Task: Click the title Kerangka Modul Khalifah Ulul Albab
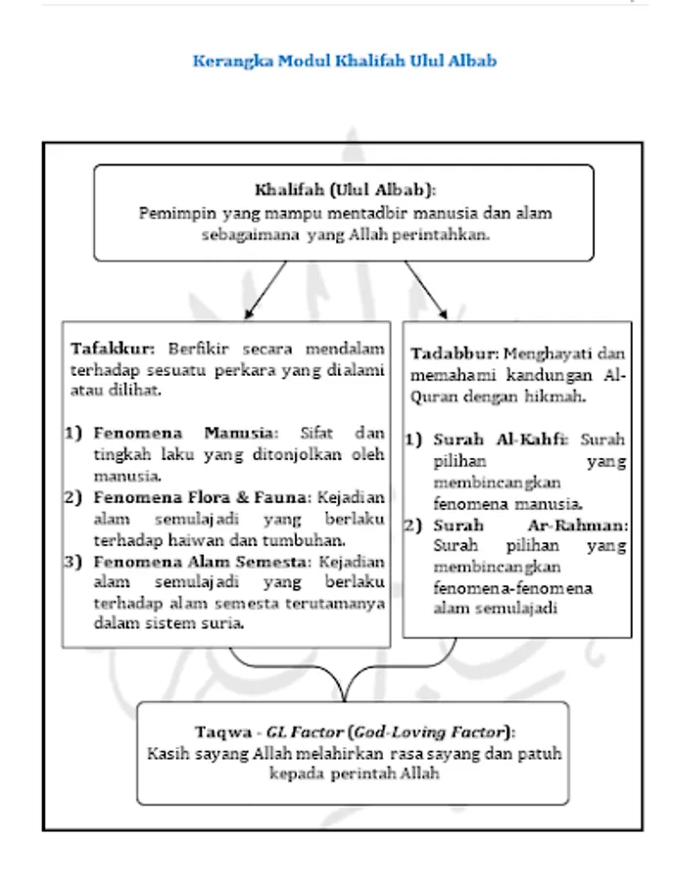point(345,61)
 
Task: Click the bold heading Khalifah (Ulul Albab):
point(345,189)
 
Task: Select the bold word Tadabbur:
point(455,353)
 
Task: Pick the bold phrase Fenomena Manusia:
point(186,432)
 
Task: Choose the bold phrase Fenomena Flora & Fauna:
point(199,497)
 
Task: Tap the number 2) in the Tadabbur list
point(414,526)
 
